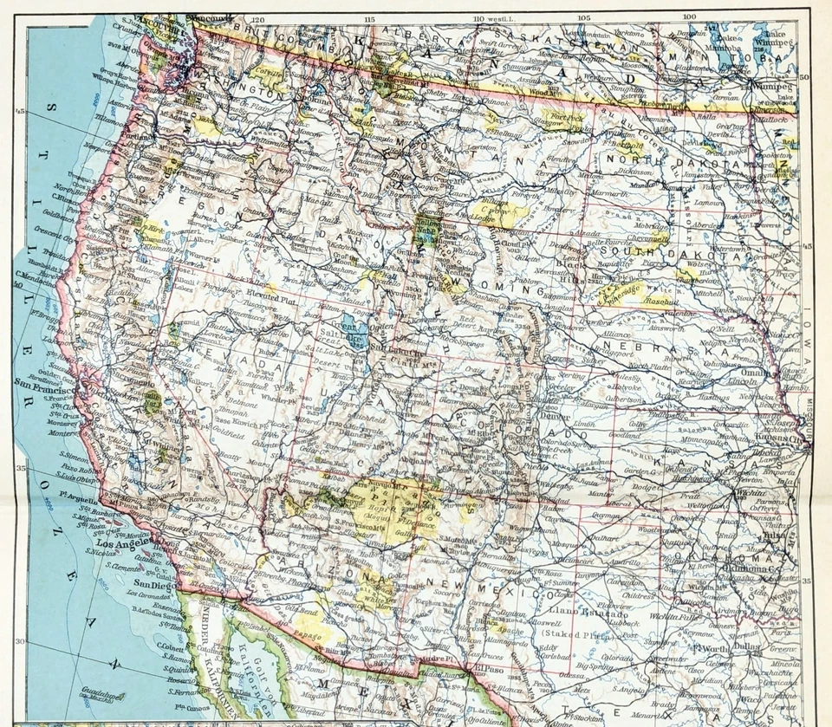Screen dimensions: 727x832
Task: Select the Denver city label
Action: click(x=552, y=415)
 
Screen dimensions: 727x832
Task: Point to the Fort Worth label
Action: click(x=714, y=646)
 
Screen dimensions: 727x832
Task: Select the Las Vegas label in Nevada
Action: click(x=279, y=486)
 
